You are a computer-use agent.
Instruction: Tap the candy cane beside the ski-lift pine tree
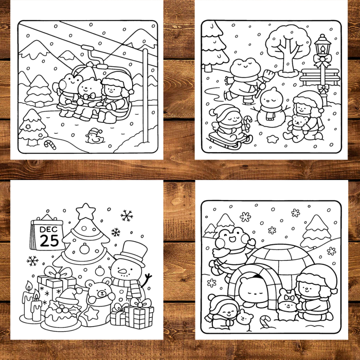[x=49, y=144]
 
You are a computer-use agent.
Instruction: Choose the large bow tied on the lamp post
[x=322, y=61]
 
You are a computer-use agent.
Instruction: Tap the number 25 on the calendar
[x=49, y=240]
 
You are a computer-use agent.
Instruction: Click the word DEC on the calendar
[x=49, y=229]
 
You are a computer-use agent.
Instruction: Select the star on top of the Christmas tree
[x=85, y=211]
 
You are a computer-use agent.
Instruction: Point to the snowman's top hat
[x=131, y=251]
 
